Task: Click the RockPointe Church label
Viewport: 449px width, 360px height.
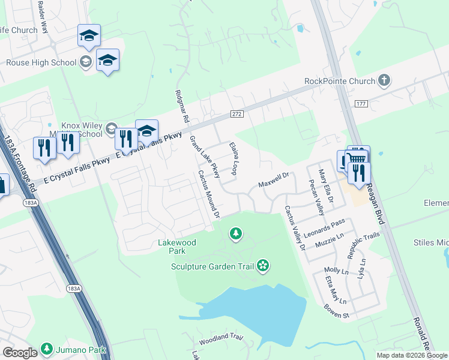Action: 340,81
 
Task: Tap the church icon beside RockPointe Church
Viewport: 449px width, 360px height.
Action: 384,81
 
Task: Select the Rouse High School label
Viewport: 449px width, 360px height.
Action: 41,62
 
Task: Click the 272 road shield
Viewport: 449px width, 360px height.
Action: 237,113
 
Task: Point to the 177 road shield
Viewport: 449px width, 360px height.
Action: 377,104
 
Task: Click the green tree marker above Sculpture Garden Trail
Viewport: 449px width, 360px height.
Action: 237,233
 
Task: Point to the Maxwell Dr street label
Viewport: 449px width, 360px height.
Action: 274,179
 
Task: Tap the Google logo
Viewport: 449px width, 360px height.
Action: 20,352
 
